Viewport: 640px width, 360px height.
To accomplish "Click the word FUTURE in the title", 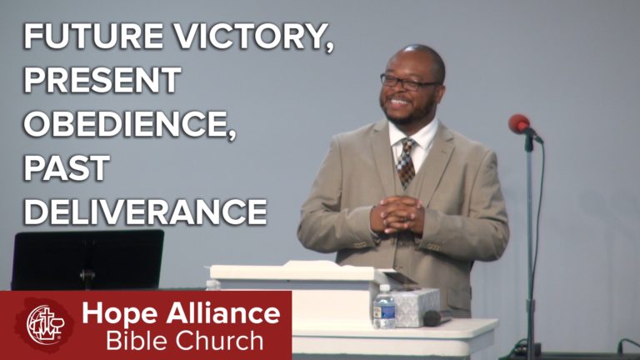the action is (94, 36).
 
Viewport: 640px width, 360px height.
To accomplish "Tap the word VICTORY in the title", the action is (254, 37).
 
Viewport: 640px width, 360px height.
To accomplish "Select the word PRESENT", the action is (102, 80).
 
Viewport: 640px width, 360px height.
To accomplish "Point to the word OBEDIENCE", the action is (130, 125).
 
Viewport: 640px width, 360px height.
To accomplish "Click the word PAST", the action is (67, 167).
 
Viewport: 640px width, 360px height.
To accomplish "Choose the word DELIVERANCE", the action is (146, 212).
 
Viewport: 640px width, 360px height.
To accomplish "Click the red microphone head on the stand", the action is (519, 123).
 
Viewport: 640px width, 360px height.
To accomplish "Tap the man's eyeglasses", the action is (408, 82).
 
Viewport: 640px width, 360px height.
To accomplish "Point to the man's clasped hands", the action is (397, 215).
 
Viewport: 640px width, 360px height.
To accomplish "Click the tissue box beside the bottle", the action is (416, 307).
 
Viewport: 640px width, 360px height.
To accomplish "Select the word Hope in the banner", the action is (120, 314).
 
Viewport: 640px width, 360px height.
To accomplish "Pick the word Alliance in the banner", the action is (223, 313).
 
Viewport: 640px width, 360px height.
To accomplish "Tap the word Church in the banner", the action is (217, 340).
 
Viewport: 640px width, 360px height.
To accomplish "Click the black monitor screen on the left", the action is (87, 260).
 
